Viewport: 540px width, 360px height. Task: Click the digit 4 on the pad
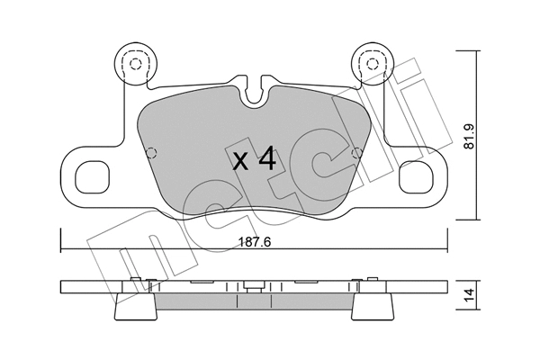266,161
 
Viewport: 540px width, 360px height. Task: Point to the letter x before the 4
240,163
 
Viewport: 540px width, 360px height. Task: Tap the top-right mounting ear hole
369,63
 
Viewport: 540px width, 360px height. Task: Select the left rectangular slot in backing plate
92,175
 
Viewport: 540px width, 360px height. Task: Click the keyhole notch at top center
256,91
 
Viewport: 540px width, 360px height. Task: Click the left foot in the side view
135,308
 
